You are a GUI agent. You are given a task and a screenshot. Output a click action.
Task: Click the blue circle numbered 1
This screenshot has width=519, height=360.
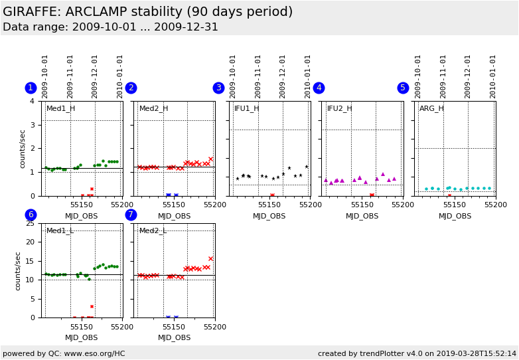coord(31,88)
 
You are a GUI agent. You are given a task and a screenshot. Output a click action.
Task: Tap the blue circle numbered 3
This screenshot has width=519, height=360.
coord(218,88)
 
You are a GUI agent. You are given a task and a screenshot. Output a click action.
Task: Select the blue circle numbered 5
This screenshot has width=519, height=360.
coord(403,88)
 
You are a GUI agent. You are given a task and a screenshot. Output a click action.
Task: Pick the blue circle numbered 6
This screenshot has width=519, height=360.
coord(31,215)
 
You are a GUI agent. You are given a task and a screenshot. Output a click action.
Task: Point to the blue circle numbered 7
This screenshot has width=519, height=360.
coord(131,215)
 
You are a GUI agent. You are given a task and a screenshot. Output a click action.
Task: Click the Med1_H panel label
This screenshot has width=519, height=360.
coord(60,109)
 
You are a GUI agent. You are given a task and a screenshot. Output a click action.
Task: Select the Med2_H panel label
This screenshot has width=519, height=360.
coord(153,109)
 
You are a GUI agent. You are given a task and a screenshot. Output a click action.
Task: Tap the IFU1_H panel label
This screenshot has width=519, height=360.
coord(246,109)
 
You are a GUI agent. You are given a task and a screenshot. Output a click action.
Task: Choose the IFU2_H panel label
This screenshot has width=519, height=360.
coord(339,109)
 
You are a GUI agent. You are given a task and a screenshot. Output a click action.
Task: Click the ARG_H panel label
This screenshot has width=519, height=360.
coord(431,109)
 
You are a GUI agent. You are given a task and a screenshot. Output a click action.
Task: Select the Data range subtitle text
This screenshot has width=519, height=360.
coord(110,27)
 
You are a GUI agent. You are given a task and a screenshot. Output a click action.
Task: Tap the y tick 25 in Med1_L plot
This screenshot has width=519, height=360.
coord(29,223)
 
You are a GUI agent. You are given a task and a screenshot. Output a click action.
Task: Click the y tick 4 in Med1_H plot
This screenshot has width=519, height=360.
coord(32,101)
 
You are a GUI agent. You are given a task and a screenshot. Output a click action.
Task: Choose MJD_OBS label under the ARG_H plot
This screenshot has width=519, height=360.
coord(455,216)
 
